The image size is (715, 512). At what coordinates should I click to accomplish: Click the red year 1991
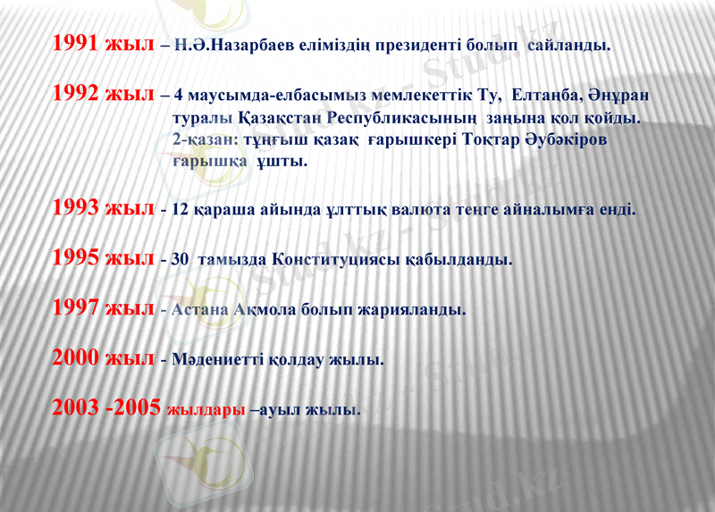[x=75, y=42]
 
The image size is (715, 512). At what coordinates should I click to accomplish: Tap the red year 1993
[x=75, y=208]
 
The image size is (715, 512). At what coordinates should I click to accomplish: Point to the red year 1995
[x=75, y=258]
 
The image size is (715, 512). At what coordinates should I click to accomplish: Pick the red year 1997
[x=75, y=308]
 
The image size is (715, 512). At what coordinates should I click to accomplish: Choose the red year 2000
[x=75, y=358]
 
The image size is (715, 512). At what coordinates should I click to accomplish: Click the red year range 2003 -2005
[x=106, y=408]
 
